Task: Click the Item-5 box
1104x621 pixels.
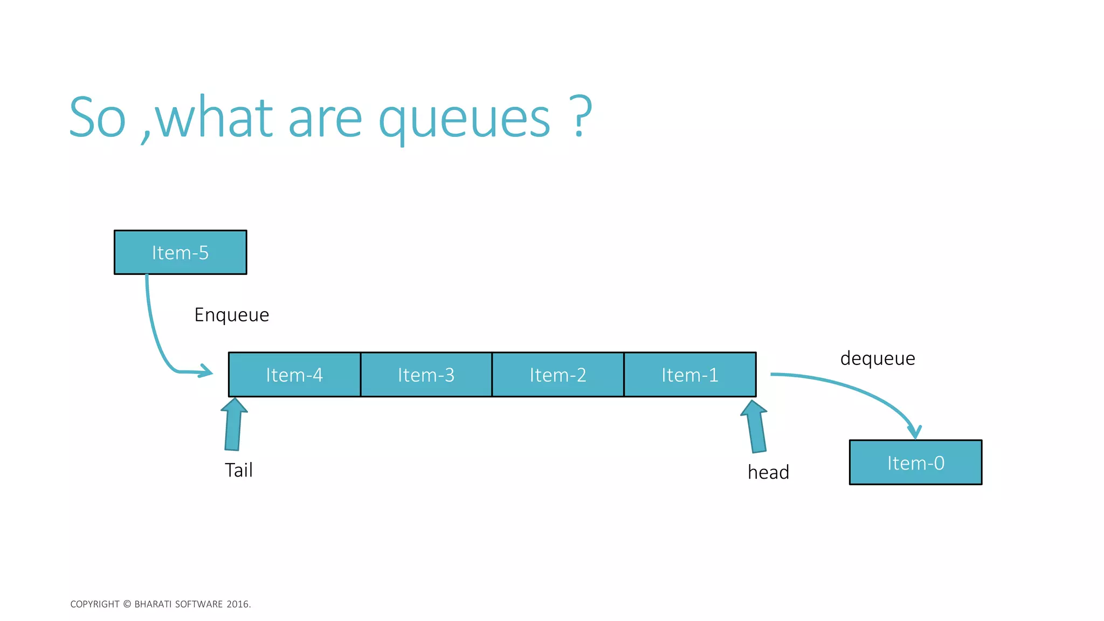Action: tap(180, 252)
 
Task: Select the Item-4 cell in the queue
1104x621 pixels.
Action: tap(294, 375)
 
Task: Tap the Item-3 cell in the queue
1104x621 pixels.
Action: tap(426, 375)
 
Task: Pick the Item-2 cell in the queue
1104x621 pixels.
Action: tap(558, 375)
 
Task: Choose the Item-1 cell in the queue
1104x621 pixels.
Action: tap(690, 375)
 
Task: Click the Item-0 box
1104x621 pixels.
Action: tap(915, 463)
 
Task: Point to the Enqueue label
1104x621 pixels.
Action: tap(232, 315)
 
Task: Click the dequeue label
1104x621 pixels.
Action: tap(878, 358)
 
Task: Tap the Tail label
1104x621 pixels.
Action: tap(238, 470)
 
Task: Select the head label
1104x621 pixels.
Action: tap(768, 472)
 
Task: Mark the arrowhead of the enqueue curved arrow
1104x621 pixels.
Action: tap(206, 371)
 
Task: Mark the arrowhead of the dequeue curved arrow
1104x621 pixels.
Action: tap(914, 432)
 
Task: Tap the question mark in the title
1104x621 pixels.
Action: tap(580, 116)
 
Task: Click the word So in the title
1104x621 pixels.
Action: tap(98, 118)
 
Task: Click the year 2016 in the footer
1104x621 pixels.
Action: tap(237, 604)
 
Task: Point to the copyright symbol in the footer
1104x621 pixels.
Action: tap(127, 604)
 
